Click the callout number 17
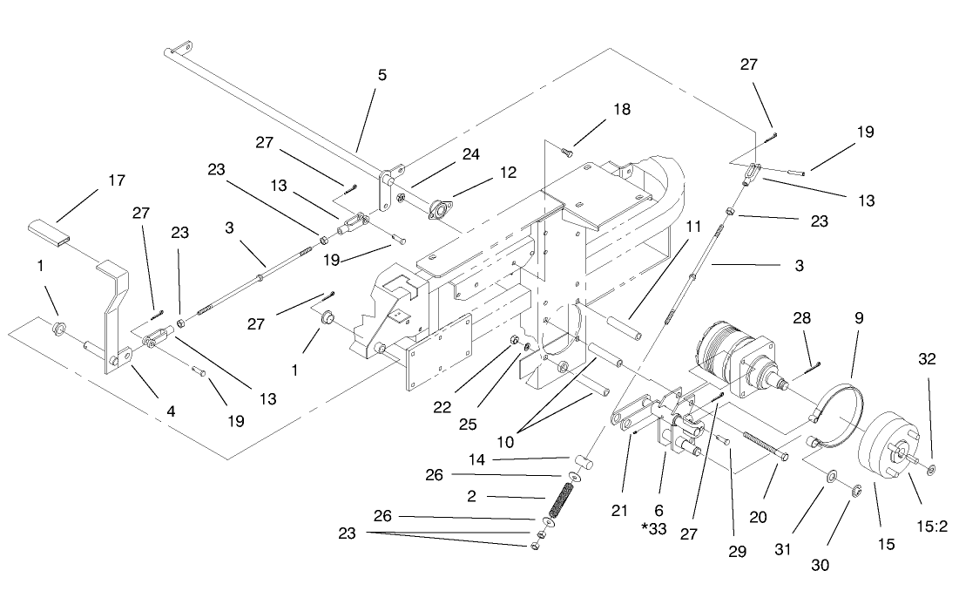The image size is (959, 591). (116, 180)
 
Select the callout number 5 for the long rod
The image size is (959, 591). (382, 75)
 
